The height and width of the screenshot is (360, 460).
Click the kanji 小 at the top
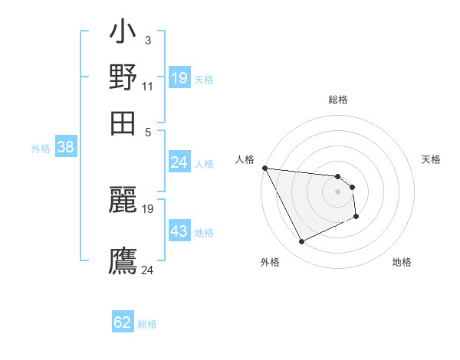[x=123, y=34]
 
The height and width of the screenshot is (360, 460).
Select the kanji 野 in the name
[x=123, y=77]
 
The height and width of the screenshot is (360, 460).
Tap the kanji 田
[x=123, y=121]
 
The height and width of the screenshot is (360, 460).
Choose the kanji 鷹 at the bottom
[x=123, y=260]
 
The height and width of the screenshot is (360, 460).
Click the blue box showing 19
[x=179, y=78]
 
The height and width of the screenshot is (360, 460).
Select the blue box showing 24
[x=179, y=162]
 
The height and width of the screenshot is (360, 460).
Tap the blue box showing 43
[x=179, y=231]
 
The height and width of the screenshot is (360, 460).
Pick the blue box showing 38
[x=66, y=148]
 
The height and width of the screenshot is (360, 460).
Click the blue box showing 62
[x=123, y=322]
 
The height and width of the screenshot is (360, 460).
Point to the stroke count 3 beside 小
[x=147, y=40]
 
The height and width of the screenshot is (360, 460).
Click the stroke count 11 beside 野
[x=148, y=85]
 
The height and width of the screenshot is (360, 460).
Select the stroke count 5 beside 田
[x=148, y=131]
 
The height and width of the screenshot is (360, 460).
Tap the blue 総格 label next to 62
[x=147, y=324]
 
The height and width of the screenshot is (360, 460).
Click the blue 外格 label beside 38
[x=41, y=149]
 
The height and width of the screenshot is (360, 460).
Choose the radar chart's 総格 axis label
[x=337, y=100]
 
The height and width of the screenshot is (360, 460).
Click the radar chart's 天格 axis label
[x=431, y=159]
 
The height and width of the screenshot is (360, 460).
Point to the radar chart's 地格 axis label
[x=402, y=262]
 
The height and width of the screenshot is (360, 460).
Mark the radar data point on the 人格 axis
[x=264, y=168]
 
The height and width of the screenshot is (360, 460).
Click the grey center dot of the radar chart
[x=337, y=191]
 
